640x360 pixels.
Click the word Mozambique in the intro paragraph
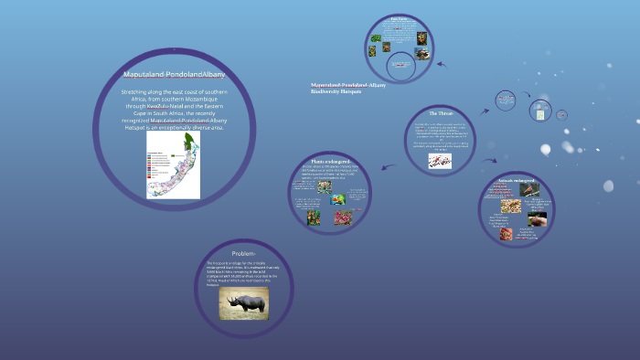202,99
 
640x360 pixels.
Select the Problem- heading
243,252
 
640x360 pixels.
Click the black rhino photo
243,304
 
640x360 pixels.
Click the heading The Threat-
441,112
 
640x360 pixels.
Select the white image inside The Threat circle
440,160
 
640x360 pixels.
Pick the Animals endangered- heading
517,181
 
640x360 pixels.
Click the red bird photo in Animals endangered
530,190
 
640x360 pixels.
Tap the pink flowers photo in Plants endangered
344,217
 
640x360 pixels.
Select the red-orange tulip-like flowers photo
314,217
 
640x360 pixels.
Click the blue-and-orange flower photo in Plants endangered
338,199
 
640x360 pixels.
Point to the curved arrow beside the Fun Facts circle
441,65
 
